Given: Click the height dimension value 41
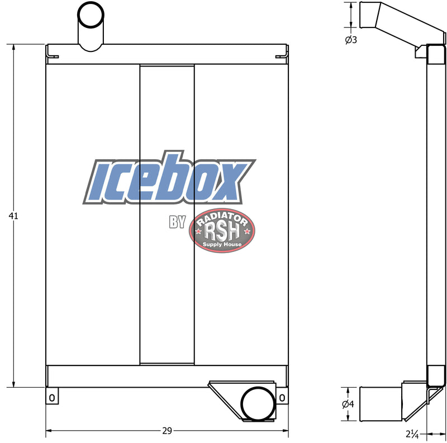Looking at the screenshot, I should click(x=13, y=216).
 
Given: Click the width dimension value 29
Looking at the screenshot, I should click(x=167, y=431).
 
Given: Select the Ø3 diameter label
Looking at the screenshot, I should click(x=351, y=40).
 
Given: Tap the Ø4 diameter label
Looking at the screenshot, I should click(x=348, y=404).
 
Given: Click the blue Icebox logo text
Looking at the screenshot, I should click(x=169, y=180).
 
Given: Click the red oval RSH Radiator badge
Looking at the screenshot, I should click(x=222, y=231).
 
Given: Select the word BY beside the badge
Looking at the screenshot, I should click(x=177, y=223).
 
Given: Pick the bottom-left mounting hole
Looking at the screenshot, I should click(x=52, y=398).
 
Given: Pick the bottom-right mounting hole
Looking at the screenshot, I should click(x=282, y=398).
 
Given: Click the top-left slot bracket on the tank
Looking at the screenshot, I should click(x=53, y=55).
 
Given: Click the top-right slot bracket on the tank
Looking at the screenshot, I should click(x=281, y=56).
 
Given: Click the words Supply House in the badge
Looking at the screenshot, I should click(x=222, y=245).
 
